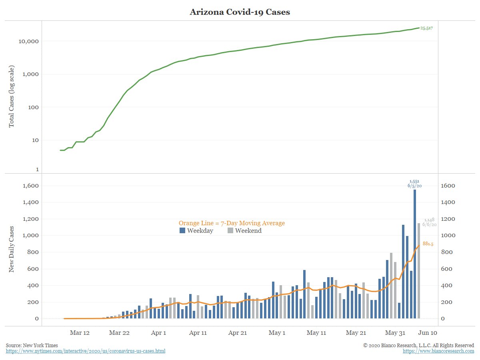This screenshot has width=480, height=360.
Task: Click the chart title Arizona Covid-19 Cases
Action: tap(240, 12)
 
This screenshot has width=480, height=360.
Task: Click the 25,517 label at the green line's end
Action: tap(426, 28)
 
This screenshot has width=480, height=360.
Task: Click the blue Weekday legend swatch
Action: tap(182, 230)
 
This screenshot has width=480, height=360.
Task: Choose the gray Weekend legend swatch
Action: tap(230, 230)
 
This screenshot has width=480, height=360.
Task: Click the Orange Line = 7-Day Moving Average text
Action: tap(232, 223)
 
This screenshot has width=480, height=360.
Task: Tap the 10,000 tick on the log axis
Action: tap(28, 41)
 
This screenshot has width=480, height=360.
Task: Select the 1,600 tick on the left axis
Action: tap(31, 186)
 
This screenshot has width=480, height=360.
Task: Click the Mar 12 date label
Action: tap(80, 333)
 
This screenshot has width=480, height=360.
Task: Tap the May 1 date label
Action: tap(277, 333)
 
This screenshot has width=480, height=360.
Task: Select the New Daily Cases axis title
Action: tap(11, 249)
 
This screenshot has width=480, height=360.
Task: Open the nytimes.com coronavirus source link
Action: tap(86, 351)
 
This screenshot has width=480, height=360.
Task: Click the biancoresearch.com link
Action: tap(438, 351)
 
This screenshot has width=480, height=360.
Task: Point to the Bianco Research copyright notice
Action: tap(418, 345)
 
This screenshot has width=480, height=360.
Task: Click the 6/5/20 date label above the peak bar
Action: tap(415, 186)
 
